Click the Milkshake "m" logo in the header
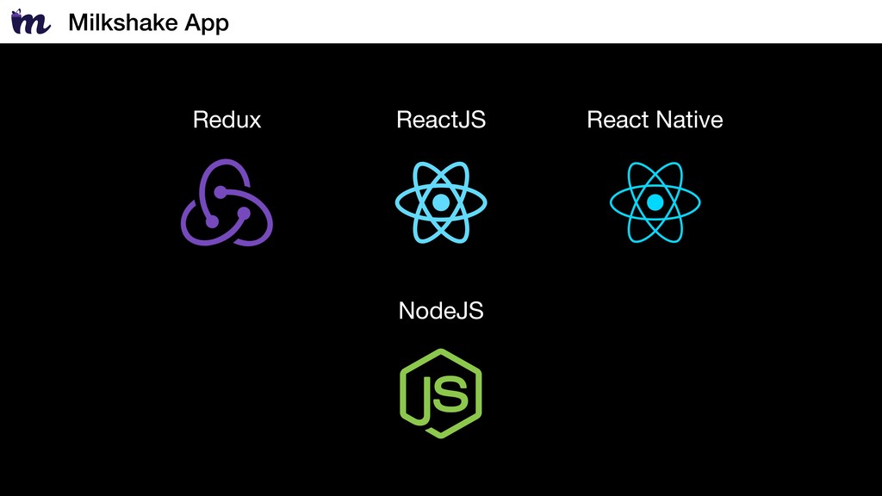coord(31,22)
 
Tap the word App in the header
coord(207,23)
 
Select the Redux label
coord(227,120)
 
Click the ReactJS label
coord(441,120)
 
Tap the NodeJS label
coord(441,311)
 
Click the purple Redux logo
coord(227,202)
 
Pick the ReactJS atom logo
coord(441,202)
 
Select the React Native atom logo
coord(655,202)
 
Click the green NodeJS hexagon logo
coord(441,394)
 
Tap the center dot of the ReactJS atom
coord(441,202)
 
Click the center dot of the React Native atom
coord(655,202)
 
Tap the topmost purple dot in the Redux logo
coord(220,193)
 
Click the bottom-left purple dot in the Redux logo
coord(212,221)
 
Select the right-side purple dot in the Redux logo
coord(244,214)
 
